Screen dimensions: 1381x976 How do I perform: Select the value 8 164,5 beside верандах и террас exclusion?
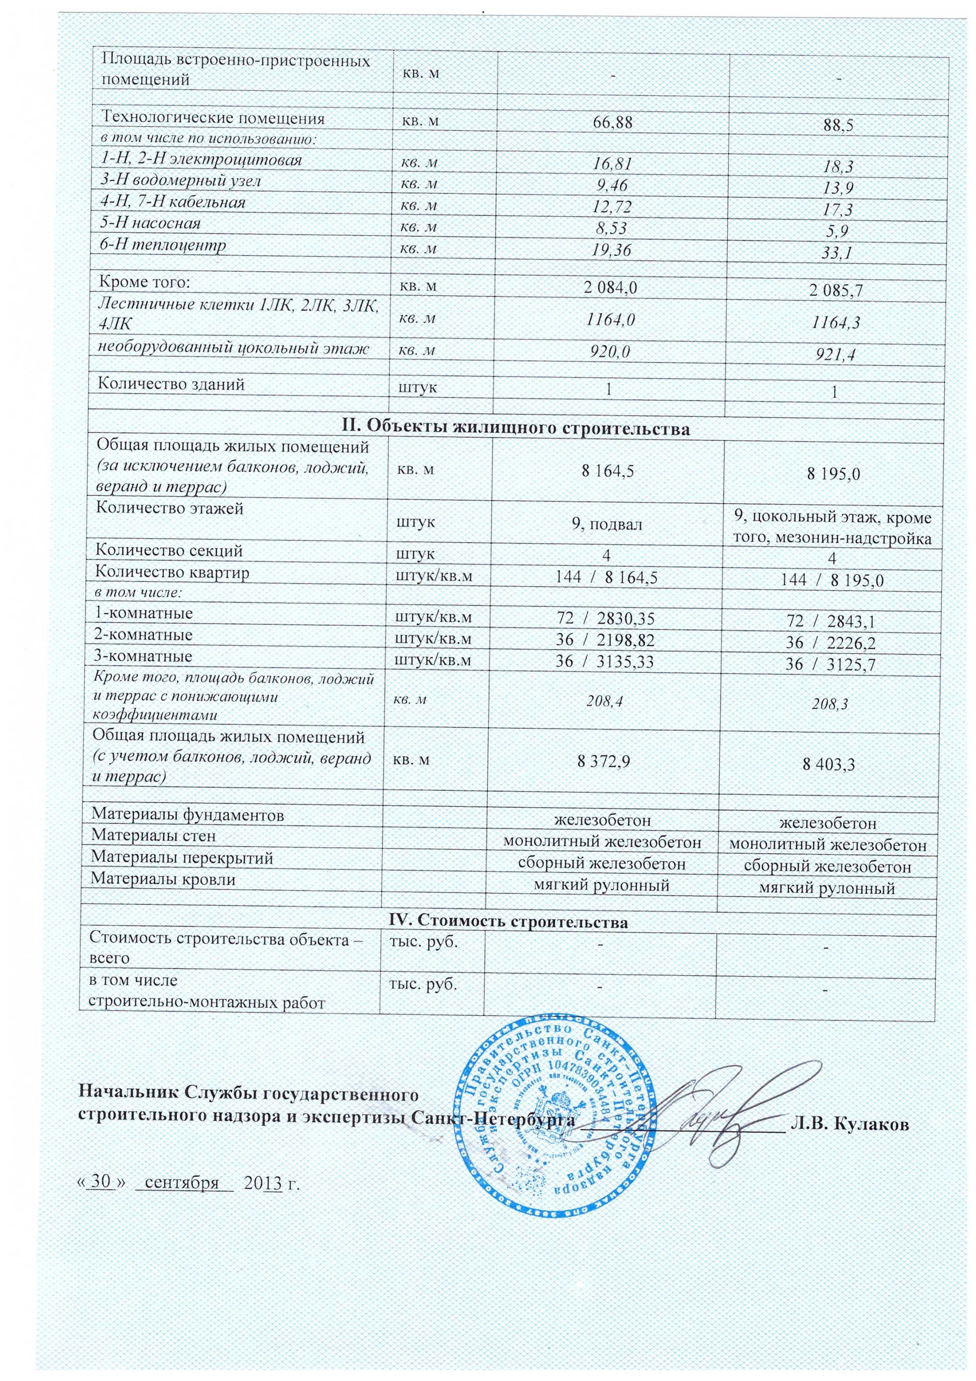[x=608, y=471]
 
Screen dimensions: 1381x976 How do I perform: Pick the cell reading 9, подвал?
[x=607, y=524]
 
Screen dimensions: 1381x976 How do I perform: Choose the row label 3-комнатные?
[x=144, y=656]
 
